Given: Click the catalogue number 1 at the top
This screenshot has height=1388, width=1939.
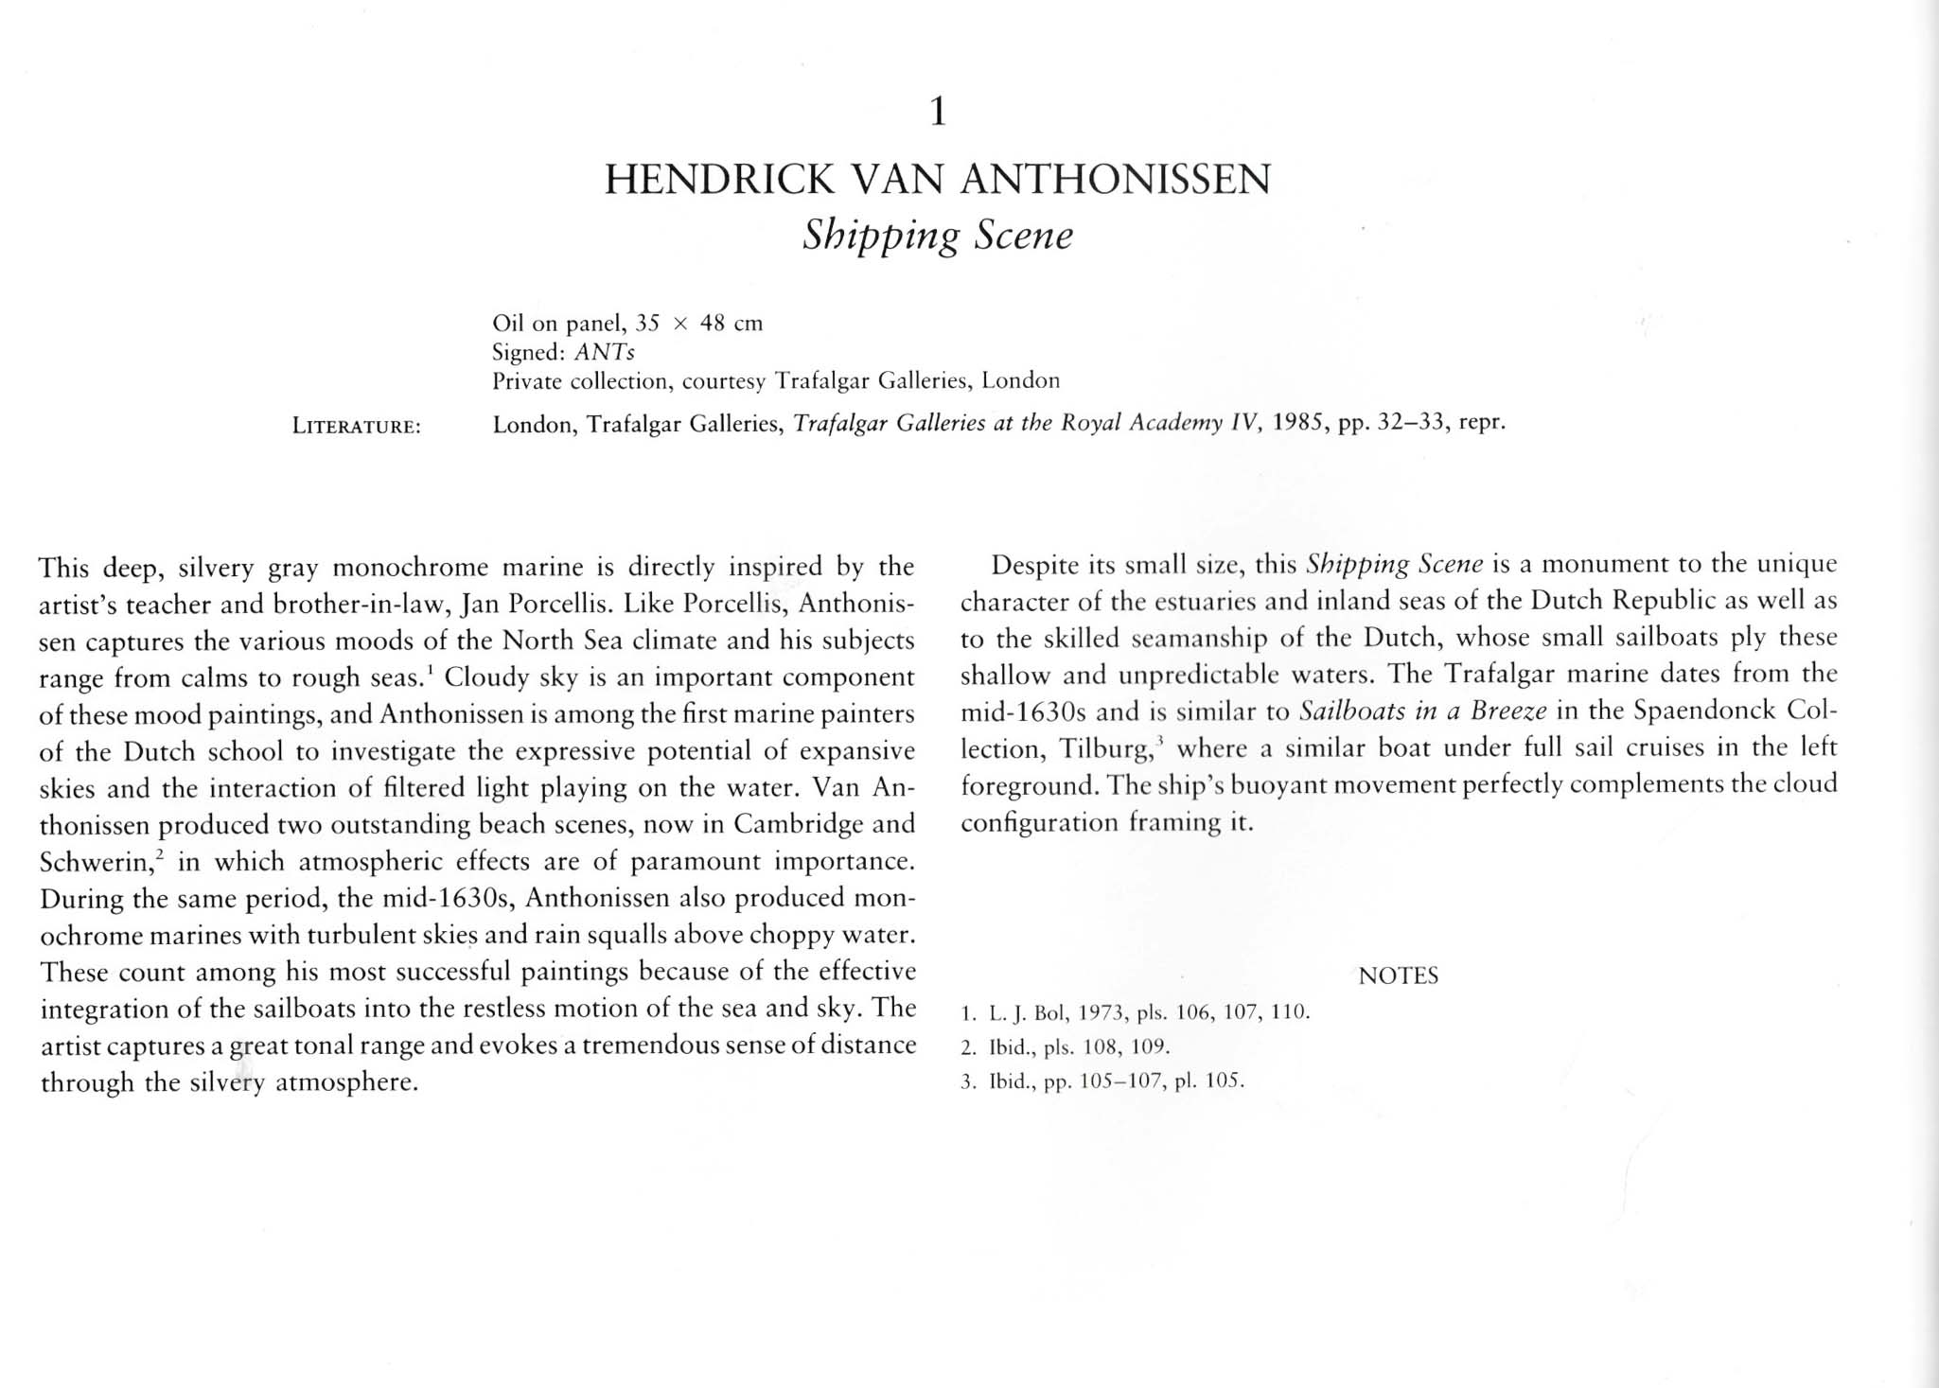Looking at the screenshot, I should tap(937, 113).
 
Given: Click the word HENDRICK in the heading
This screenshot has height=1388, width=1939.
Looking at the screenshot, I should tap(718, 180).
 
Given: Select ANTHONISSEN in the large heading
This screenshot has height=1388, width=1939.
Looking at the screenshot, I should tap(1116, 180).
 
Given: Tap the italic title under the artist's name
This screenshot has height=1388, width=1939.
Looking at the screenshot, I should tap(937, 236).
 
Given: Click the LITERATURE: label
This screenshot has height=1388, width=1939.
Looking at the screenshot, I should tap(356, 427).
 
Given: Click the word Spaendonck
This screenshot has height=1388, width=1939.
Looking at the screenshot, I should tap(1704, 711).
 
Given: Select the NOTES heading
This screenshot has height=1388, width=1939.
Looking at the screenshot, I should tap(1398, 975).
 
